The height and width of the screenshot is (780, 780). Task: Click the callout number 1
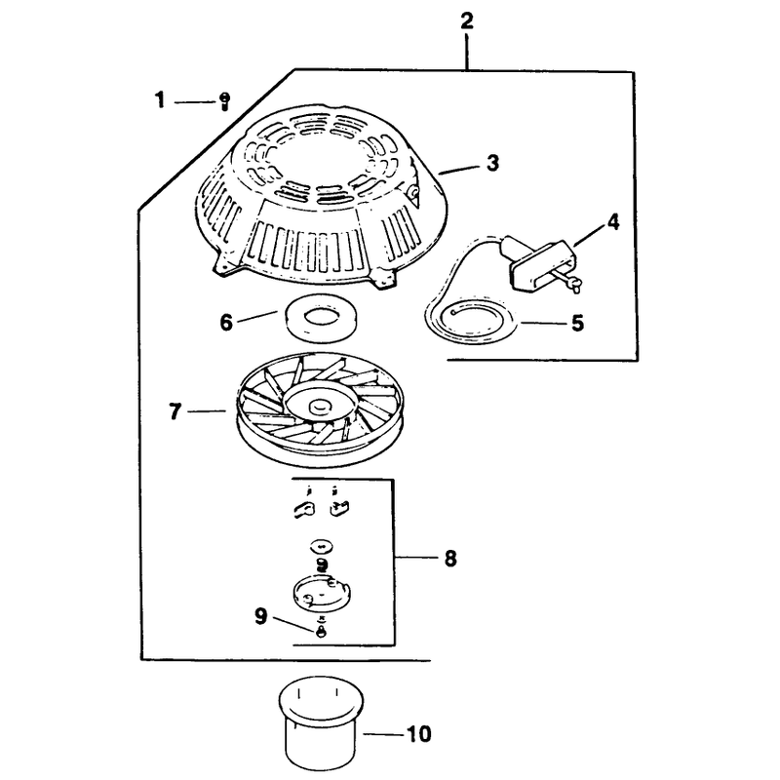coord(159,100)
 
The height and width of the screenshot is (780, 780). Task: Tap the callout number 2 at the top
coord(467,21)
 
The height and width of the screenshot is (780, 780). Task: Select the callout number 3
coord(492,163)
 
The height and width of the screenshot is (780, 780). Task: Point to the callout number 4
coord(613,222)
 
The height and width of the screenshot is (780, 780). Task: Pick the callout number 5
coord(577,324)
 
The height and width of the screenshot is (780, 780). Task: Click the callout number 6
coord(226,323)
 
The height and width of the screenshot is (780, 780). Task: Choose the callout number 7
coord(175,411)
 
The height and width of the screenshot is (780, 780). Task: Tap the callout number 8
coord(450,558)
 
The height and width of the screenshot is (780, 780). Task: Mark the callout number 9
coord(261,617)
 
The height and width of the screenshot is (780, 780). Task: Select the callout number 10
coord(419,734)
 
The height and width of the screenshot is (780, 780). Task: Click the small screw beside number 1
coord(224,101)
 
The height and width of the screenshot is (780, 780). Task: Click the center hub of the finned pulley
coord(319,407)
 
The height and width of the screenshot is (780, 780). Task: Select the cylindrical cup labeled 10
coord(321,722)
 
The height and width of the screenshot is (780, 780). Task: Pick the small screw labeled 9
coord(322,631)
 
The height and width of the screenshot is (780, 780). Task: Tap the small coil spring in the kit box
coord(323,565)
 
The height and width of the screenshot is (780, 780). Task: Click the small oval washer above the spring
coord(321,546)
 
